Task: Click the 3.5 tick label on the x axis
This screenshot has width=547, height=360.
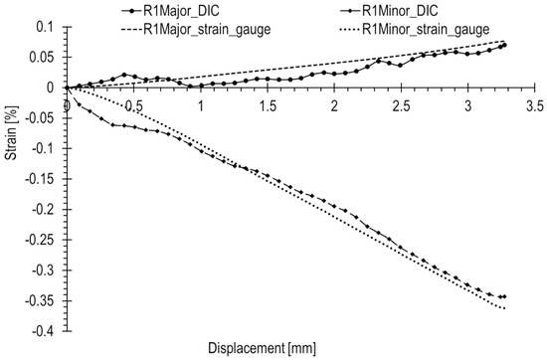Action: [x=534, y=103]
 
